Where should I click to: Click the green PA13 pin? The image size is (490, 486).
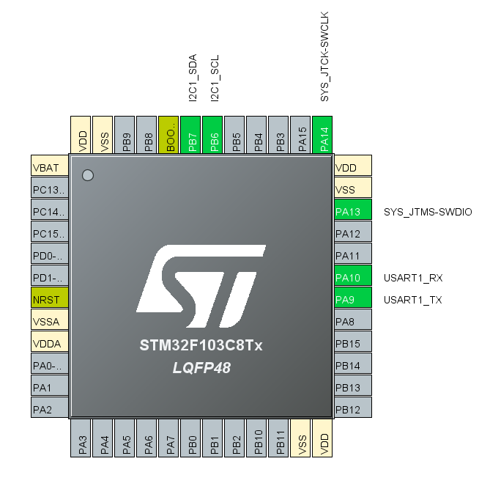[352, 212]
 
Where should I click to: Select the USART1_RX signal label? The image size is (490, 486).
[413, 278]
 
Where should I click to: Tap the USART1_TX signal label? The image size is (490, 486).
[413, 300]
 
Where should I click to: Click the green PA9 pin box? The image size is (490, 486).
[352, 300]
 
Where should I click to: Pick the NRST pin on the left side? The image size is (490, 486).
[50, 300]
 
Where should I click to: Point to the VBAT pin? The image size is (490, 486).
[50, 168]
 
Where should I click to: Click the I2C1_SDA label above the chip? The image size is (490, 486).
[193, 77]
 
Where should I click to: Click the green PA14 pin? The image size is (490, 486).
[324, 135]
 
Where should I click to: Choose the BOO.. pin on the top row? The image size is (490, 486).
[170, 135]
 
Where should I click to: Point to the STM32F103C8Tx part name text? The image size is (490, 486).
[201, 345]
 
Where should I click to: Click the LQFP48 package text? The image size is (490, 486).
[201, 368]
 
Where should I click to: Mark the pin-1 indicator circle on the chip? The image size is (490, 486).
[88, 175]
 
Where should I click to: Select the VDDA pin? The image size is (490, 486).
[50, 344]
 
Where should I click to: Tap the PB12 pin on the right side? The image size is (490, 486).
[352, 409]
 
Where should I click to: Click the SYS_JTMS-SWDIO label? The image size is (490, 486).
[428, 212]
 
